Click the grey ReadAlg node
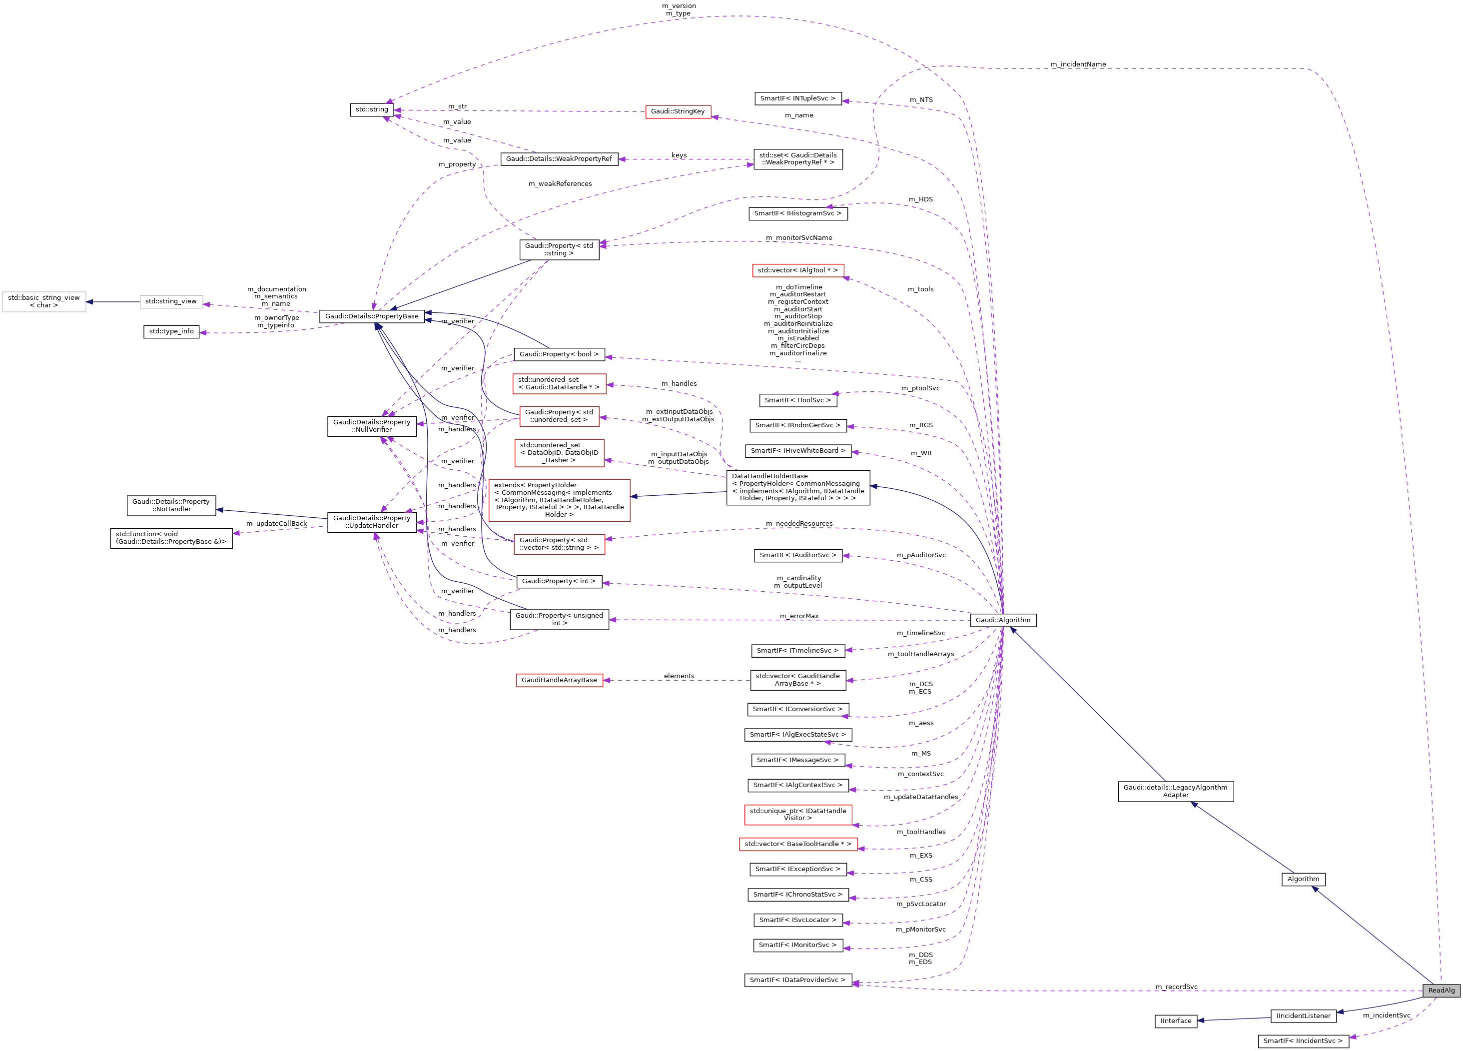click(x=1441, y=990)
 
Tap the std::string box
click(x=372, y=109)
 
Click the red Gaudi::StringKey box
click(x=678, y=111)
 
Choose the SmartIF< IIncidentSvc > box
click(x=1303, y=1041)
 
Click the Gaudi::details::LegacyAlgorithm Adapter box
click(x=1175, y=791)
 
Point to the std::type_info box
click(x=171, y=332)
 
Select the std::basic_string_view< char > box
click(x=44, y=301)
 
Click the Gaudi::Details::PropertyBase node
click(x=372, y=316)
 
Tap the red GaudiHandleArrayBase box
click(x=559, y=680)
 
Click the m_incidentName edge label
click(x=1078, y=64)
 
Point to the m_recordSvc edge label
click(x=1176, y=987)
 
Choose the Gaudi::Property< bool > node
click(x=559, y=354)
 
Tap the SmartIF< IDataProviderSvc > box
click(x=797, y=980)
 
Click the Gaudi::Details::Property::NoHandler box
click(x=171, y=505)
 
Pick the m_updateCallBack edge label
click(x=276, y=523)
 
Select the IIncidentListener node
click(x=1303, y=1016)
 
